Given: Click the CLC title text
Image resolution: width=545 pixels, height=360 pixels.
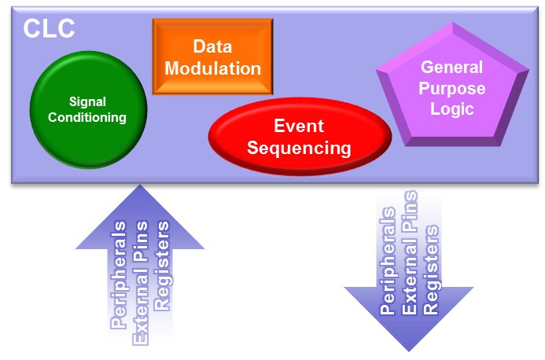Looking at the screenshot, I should (x=49, y=29).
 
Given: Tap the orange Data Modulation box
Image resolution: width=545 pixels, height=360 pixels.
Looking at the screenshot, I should (x=212, y=57).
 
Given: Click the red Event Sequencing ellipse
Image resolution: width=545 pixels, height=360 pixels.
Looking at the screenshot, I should (x=300, y=137).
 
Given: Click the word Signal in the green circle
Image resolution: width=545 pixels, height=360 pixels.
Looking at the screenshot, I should (x=88, y=101).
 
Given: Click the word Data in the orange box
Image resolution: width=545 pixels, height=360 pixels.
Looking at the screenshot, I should (x=213, y=46).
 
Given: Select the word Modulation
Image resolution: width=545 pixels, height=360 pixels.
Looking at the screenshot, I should (x=213, y=68).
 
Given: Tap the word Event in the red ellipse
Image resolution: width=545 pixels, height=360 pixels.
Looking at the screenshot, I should (x=300, y=126).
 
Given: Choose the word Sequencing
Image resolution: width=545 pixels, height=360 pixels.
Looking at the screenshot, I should (x=300, y=147).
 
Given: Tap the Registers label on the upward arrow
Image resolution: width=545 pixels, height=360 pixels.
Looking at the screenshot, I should (x=162, y=267).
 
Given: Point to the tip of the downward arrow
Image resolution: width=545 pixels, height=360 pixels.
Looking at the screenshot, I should (x=409, y=348).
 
